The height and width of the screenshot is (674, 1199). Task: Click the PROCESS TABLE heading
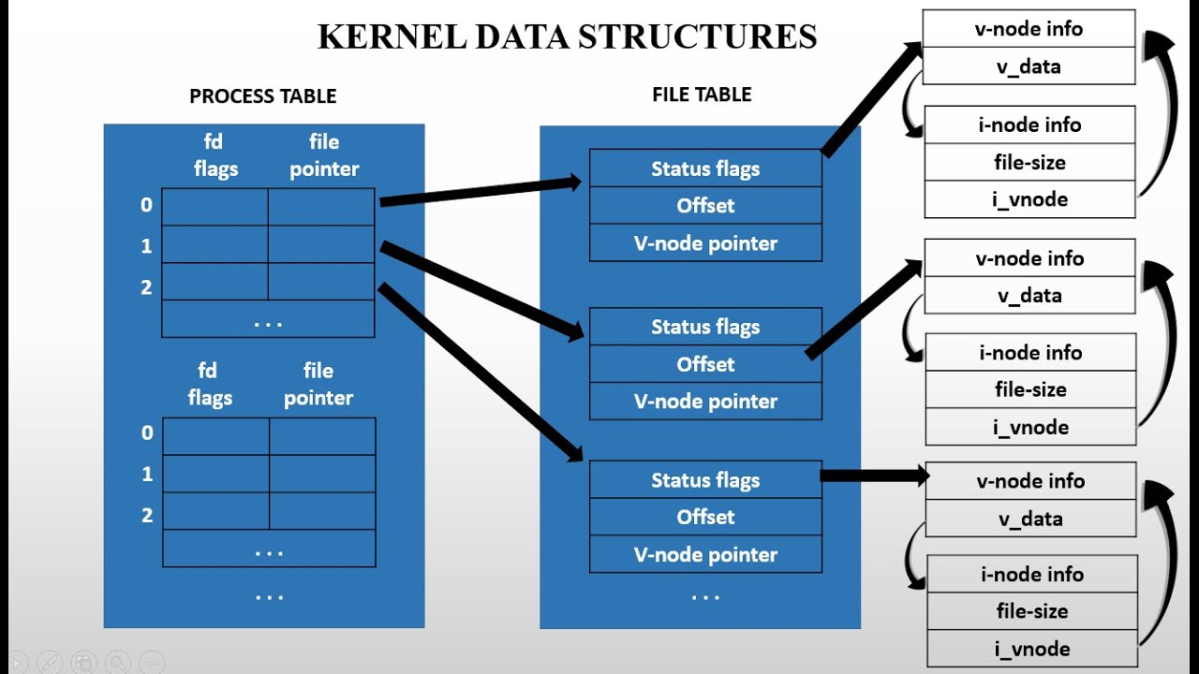click(262, 96)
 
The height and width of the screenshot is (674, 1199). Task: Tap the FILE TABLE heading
click(702, 95)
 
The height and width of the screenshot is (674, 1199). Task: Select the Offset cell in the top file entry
click(705, 206)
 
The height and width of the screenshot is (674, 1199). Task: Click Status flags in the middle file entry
click(705, 328)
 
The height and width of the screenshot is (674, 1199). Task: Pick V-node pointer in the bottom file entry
click(705, 555)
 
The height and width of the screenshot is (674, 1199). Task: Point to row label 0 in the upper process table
click(146, 205)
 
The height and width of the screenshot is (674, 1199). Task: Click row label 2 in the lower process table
click(147, 515)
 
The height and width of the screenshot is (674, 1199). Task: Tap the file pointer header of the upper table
click(324, 155)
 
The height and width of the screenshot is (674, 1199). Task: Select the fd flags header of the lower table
click(210, 385)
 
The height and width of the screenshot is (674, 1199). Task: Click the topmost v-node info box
click(1029, 29)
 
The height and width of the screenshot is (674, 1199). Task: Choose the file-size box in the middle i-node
click(1030, 389)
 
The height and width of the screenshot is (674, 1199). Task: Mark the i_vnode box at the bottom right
click(1031, 649)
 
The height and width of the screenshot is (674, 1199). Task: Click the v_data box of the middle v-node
click(1029, 296)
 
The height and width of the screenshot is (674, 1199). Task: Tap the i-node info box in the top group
click(1029, 125)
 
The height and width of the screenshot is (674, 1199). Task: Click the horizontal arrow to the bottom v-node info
click(873, 476)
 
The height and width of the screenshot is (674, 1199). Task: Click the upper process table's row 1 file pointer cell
click(321, 244)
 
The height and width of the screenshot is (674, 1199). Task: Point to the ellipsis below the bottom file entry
click(704, 596)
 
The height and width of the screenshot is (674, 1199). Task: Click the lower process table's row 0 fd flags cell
click(216, 436)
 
